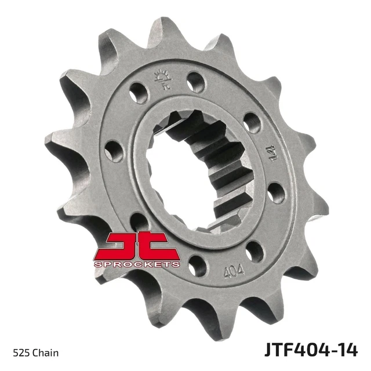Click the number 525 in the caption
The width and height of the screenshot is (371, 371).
click(21, 353)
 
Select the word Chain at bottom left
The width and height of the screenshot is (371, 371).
click(45, 353)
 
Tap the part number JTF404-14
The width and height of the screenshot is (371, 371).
click(311, 350)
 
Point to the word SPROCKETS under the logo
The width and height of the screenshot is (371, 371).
click(137, 264)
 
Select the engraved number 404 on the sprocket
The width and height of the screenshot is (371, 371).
click(234, 271)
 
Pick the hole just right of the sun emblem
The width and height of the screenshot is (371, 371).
click(196, 82)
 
